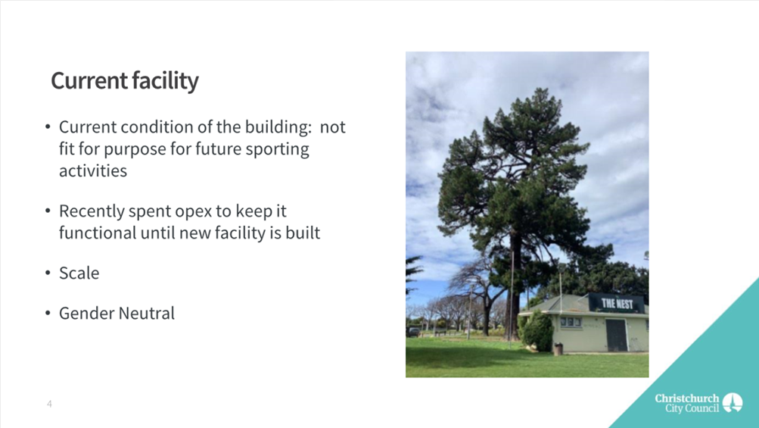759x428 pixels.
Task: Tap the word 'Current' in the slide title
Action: pyautogui.click(x=89, y=80)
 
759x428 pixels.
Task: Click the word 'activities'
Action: pyautogui.click(x=93, y=170)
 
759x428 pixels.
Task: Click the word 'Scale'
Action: pyautogui.click(x=79, y=273)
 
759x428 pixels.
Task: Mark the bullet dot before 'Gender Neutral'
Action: pyautogui.click(x=48, y=314)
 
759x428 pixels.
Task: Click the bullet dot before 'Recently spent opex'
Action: pyautogui.click(x=48, y=211)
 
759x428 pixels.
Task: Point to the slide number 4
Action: pyautogui.click(x=49, y=404)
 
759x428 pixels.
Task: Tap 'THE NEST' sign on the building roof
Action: pyautogui.click(x=617, y=304)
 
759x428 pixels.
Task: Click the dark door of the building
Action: pyautogui.click(x=616, y=335)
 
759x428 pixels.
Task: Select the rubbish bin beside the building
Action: pyautogui.click(x=558, y=348)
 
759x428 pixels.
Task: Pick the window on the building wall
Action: pyautogui.click(x=571, y=322)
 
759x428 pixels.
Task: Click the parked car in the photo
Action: pyautogui.click(x=413, y=332)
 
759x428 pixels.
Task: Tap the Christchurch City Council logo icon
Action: pyautogui.click(x=733, y=403)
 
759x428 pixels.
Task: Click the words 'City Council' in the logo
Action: pyautogui.click(x=692, y=408)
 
